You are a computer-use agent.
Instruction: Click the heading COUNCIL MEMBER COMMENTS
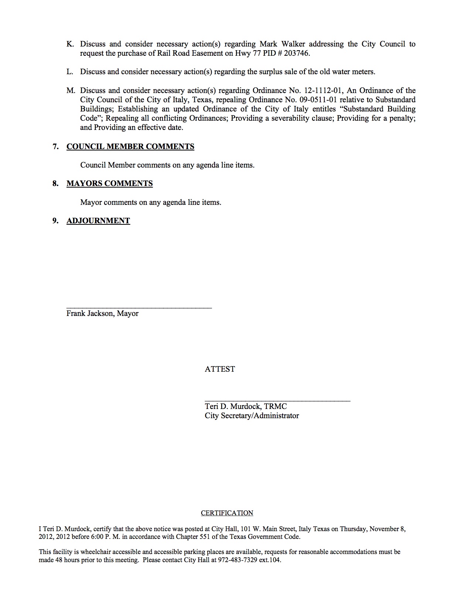coord(130,147)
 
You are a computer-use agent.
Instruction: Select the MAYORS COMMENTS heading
coord(110,183)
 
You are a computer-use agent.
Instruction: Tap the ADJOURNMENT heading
coord(98,221)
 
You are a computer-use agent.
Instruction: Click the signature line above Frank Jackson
coord(139,307)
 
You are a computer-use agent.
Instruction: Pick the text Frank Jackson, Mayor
coord(102,313)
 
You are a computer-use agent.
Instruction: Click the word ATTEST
coord(220,369)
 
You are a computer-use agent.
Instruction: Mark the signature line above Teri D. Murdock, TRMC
coord(277,400)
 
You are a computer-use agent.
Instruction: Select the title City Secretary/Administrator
coord(252,416)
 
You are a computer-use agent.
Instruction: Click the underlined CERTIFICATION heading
coord(227,513)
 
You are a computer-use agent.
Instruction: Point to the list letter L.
coord(70,72)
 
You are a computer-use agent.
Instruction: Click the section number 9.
coord(55,221)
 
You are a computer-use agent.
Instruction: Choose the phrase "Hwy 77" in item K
coord(251,53)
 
